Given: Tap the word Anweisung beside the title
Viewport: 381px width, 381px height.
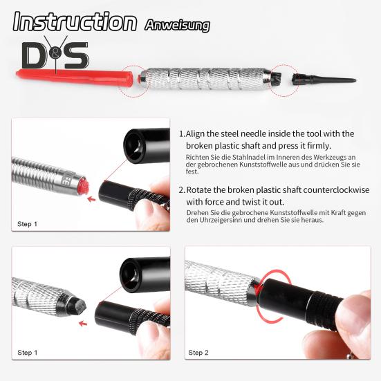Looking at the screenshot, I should (177, 26).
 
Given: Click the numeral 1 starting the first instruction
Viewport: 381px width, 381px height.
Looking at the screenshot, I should (181, 134).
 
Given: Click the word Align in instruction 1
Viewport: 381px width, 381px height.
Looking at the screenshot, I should (198, 134).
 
